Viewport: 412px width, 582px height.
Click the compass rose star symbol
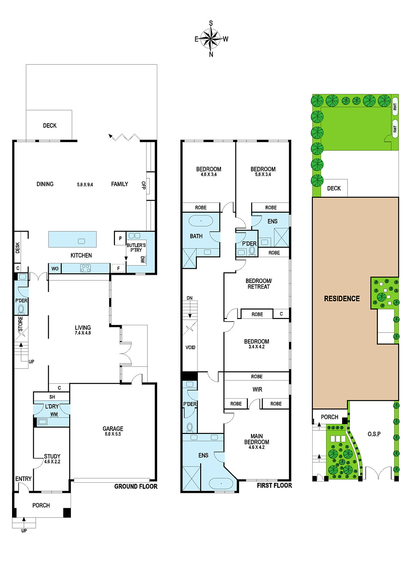point(211,39)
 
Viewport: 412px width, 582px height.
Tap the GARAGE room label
point(113,429)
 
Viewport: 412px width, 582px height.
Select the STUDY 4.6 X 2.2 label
point(52,459)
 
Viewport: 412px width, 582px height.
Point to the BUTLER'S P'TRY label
point(136,248)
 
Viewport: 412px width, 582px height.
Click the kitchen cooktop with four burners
point(86,268)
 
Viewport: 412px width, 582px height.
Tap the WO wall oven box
point(55,268)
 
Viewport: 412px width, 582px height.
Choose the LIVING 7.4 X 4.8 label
point(83,330)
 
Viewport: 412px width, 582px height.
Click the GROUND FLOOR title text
point(136,486)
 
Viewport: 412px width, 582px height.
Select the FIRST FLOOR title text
point(274,485)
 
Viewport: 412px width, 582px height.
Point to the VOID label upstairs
point(190,347)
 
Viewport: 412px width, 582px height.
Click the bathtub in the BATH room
point(201,221)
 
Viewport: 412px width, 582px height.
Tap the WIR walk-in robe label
point(257,389)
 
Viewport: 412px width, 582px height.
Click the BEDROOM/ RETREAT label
point(259,284)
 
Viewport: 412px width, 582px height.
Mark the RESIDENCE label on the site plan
point(342,299)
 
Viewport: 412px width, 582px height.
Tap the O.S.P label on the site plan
point(374,434)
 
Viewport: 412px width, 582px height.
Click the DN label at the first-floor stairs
point(190,298)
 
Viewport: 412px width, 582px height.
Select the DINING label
point(45,184)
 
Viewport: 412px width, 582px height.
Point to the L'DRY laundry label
point(52,406)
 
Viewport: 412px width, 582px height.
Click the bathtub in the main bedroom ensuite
point(221,483)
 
